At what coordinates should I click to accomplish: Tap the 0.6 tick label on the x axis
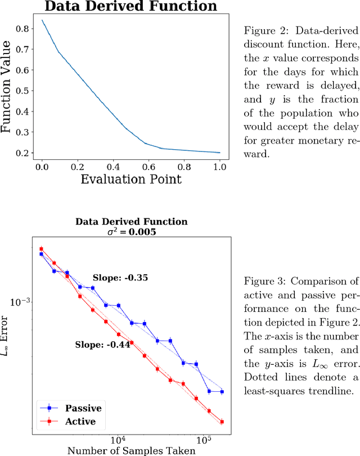(148, 167)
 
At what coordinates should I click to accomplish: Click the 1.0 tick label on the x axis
(219, 167)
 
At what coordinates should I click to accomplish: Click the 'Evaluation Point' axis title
(131, 179)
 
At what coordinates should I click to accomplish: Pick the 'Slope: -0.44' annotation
(102, 345)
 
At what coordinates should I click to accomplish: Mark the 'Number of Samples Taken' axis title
(131, 450)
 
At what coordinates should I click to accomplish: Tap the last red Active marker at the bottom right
(222, 422)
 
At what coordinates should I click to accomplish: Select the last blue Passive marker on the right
(222, 391)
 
